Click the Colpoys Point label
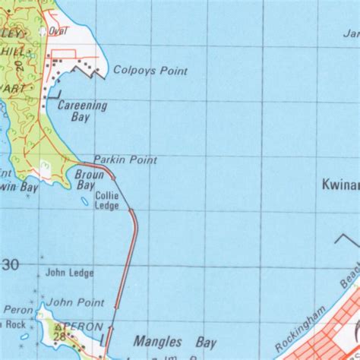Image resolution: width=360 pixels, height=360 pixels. [x=150, y=71]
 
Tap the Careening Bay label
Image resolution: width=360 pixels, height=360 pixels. [x=82, y=112]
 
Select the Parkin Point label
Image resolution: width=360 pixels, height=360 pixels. [x=125, y=160]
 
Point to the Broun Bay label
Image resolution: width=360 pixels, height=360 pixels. [x=85, y=180]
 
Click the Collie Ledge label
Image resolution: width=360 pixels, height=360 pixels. [x=106, y=201]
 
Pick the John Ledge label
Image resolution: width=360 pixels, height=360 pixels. [x=69, y=272]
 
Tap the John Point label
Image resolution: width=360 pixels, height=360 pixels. [x=74, y=302]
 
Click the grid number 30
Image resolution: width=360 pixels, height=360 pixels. [x=11, y=264]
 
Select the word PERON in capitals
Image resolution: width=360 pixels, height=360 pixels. [x=84, y=327]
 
